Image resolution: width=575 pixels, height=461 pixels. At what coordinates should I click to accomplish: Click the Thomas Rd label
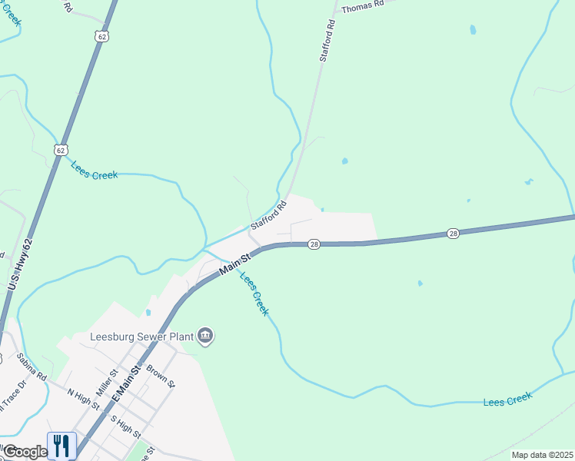[x=362, y=6]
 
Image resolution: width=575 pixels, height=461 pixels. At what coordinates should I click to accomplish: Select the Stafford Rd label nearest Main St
[x=268, y=216]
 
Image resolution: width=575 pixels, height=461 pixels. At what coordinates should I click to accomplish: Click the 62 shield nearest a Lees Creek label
[x=61, y=149]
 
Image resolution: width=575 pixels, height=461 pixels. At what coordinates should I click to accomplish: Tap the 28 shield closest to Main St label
[x=314, y=244]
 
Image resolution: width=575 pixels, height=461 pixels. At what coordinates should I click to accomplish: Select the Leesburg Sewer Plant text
[x=142, y=336]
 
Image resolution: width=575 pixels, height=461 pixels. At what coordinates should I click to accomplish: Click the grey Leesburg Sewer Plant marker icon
[x=205, y=335]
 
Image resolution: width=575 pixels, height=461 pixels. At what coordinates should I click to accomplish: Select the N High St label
[x=83, y=400]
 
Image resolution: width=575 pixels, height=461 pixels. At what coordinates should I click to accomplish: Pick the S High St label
[x=125, y=427]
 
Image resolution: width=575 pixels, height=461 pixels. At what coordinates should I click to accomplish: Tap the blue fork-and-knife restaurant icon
[x=61, y=446]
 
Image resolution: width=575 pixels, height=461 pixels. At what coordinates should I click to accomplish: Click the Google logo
[x=24, y=452]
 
